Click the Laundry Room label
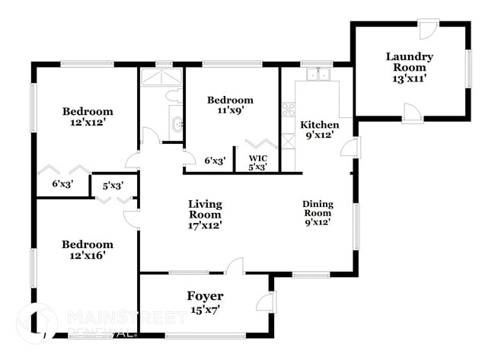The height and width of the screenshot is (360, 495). pyautogui.click(x=409, y=62)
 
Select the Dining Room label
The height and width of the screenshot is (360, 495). pyautogui.click(x=317, y=212)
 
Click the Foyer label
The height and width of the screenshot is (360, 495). pyautogui.click(x=205, y=295)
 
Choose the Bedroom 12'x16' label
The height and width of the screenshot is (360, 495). pyautogui.click(x=88, y=250)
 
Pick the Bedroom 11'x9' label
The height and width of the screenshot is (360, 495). pyautogui.click(x=230, y=105)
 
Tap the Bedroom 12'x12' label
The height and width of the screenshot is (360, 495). pyautogui.click(x=88, y=117)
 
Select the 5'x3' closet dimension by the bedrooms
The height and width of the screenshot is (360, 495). pyautogui.click(x=108, y=185)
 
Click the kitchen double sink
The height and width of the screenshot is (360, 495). pyautogui.click(x=318, y=75)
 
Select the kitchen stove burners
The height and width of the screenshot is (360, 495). pyautogui.click(x=289, y=110)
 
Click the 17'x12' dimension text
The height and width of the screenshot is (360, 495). pyautogui.click(x=205, y=225)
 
